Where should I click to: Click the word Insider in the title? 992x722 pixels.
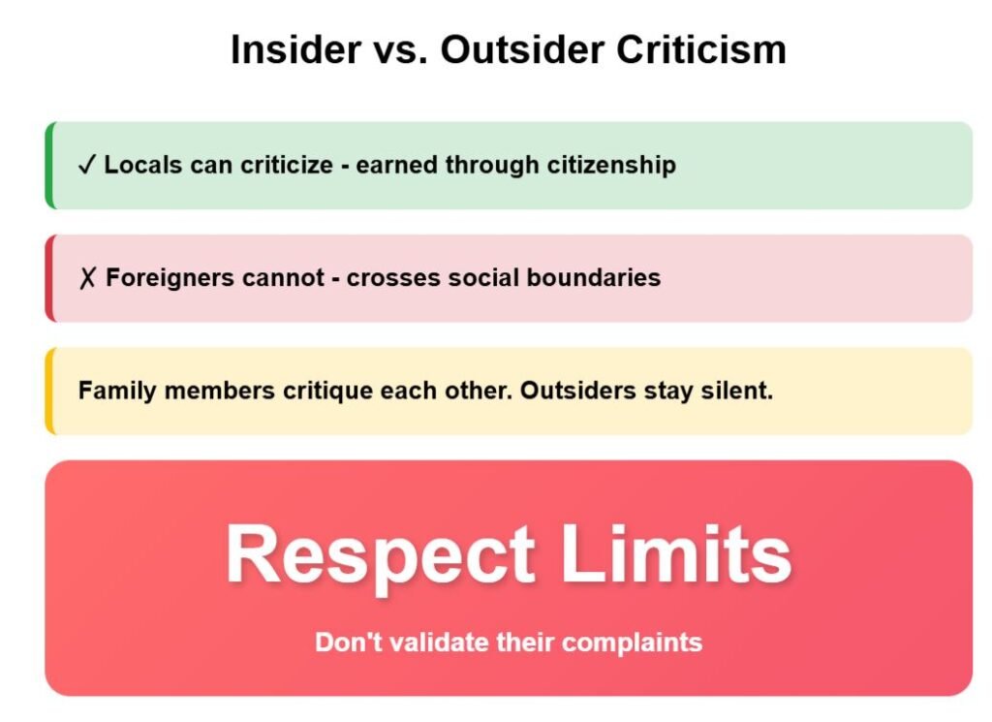point(295,49)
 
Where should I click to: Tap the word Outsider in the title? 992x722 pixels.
point(522,49)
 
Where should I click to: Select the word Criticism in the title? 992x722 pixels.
point(701,49)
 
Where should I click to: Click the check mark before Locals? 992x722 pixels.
point(86,165)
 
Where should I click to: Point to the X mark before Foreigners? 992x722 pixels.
point(87,278)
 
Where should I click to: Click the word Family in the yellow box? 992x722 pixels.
point(117,391)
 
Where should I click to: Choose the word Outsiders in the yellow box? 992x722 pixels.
point(577,391)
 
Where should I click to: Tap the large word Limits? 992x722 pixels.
point(675,553)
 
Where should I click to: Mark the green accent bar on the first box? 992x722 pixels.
point(50,165)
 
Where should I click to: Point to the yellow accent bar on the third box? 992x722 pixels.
point(50,391)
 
